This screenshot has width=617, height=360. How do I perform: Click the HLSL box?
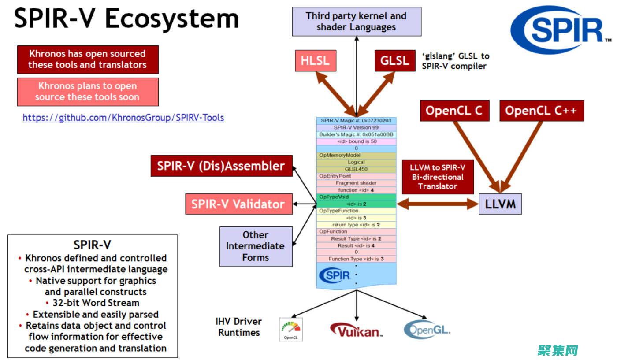point(315,60)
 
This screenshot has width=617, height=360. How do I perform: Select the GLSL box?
point(394,60)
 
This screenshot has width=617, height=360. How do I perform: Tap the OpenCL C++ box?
point(541,111)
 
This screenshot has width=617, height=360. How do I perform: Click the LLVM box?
point(500,204)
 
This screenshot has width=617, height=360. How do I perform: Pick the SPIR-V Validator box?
point(238,204)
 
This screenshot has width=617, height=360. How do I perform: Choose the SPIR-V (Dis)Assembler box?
point(221,166)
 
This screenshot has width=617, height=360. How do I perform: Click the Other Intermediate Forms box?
point(256,246)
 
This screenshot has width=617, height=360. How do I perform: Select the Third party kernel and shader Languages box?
point(356,22)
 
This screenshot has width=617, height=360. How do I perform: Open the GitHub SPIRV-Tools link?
point(123,118)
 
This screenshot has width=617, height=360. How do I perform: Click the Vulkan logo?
point(356,330)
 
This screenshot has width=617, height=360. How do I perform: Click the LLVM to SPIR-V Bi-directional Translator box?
point(438,177)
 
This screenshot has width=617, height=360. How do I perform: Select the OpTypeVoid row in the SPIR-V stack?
point(356,197)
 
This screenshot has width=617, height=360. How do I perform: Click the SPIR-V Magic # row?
point(356,120)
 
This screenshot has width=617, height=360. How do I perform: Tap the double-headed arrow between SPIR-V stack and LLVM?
point(438,204)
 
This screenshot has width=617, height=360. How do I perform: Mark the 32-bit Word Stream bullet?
point(93,303)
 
